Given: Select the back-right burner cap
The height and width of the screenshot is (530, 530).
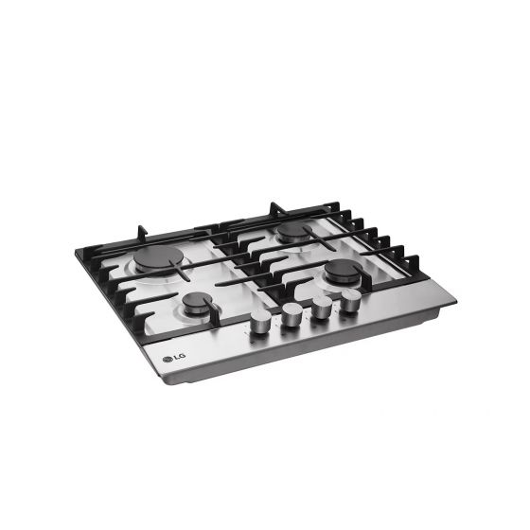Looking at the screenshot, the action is pyautogui.click(x=294, y=231).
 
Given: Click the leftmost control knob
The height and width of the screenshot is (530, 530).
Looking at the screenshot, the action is pyautogui.click(x=260, y=321).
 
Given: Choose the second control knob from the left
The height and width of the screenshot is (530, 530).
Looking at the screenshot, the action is pyautogui.click(x=292, y=314).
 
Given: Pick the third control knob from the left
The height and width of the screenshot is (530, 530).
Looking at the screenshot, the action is pyautogui.click(x=322, y=308).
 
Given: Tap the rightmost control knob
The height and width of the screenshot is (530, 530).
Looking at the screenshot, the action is pyautogui.click(x=351, y=300).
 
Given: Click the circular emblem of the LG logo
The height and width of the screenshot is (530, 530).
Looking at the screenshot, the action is pyautogui.click(x=168, y=360).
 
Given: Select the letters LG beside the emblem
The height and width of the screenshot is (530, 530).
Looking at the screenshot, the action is pyautogui.click(x=180, y=357).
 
